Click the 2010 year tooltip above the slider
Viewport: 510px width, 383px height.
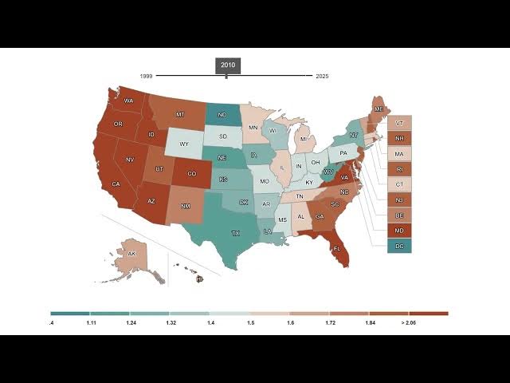(x=226, y=65)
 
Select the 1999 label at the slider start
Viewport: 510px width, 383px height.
(x=146, y=76)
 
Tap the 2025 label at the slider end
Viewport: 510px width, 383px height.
(x=322, y=76)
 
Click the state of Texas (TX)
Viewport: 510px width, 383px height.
(x=234, y=232)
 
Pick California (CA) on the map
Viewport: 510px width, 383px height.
(x=116, y=184)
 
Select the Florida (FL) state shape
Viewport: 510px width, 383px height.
(x=337, y=248)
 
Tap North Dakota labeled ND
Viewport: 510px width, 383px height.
(x=222, y=115)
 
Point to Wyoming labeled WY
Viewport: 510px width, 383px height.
(x=183, y=144)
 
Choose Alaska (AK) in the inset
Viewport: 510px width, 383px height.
(x=132, y=254)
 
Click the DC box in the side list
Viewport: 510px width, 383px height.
(x=399, y=246)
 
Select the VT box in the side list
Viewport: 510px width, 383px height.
(x=399, y=123)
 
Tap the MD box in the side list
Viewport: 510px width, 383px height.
(x=399, y=231)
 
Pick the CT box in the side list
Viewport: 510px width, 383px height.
(x=399, y=184)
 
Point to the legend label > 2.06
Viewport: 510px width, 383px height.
(x=409, y=322)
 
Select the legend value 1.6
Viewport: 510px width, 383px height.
(x=291, y=322)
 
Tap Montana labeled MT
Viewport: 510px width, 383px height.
(x=180, y=115)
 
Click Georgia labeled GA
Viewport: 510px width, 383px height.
(x=320, y=216)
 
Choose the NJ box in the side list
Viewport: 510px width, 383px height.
(x=399, y=199)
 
